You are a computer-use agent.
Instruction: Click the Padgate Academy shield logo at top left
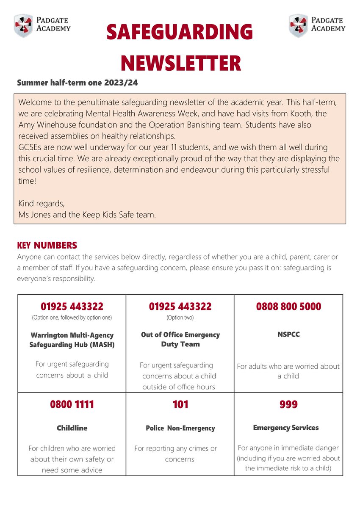click(23, 25)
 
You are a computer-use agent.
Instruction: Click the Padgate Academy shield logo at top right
click(298, 25)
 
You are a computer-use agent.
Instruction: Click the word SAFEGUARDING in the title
click(180, 33)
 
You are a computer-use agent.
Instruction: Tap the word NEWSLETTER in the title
click(181, 63)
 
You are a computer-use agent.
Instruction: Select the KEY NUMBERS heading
click(47, 246)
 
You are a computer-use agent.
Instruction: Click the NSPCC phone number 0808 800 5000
click(288, 306)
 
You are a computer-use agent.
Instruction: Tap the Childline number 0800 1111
click(72, 404)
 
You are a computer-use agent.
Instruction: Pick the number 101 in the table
click(180, 404)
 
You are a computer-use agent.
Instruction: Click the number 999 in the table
click(288, 404)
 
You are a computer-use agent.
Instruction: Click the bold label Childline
click(72, 428)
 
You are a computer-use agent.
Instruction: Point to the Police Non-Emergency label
click(180, 428)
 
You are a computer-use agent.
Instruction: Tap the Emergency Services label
click(285, 428)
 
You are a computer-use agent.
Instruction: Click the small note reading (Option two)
click(180, 317)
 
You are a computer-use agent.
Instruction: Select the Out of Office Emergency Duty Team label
click(180, 339)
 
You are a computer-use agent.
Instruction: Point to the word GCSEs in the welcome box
click(30, 147)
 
